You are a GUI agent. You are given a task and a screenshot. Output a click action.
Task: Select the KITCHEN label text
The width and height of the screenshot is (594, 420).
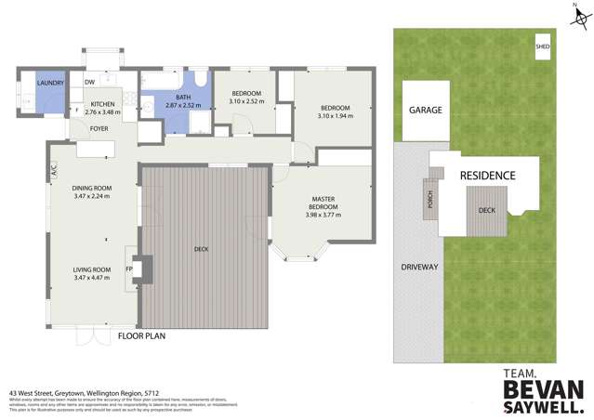pos(103,104)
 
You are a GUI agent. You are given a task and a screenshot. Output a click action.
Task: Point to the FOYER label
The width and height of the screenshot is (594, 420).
pos(99,128)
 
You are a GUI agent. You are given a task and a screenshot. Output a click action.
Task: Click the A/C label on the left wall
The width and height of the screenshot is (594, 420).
pos(55,170)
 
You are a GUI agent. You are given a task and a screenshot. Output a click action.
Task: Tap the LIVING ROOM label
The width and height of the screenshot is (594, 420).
pos(92,269)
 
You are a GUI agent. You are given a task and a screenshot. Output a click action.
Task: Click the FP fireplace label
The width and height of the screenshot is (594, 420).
pos(129,269)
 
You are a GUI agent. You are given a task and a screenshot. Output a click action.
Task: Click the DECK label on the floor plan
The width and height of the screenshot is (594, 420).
pos(203,248)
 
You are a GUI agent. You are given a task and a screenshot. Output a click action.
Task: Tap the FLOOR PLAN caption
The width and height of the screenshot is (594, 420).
pos(141,336)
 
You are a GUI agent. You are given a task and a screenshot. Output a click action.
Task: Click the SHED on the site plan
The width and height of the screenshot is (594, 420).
pos(542,45)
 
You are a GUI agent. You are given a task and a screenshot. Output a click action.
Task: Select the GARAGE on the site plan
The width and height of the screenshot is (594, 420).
pos(425,110)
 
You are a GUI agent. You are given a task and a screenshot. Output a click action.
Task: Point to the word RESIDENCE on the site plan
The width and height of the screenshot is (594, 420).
pos(487,175)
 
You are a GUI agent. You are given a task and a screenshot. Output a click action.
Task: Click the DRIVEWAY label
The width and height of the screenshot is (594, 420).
pos(419,267)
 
